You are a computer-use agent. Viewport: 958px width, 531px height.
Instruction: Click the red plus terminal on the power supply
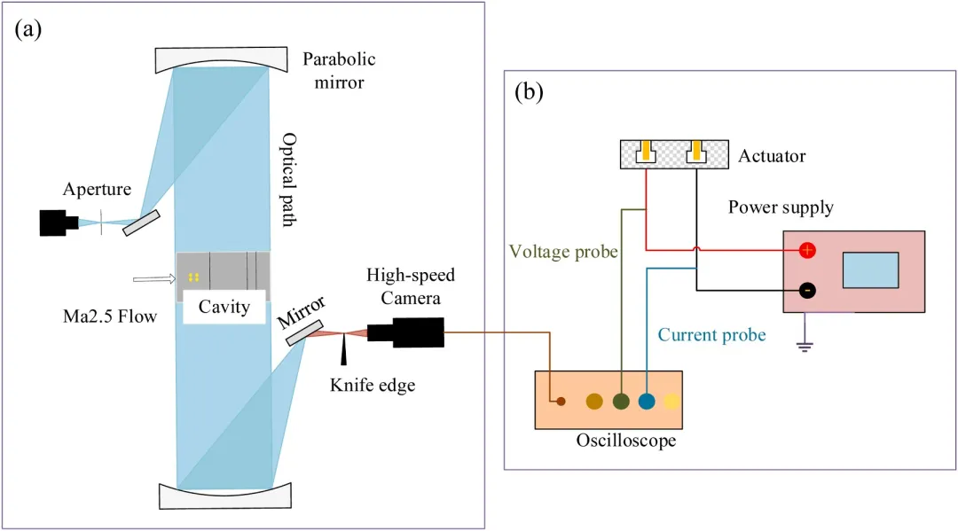point(807,250)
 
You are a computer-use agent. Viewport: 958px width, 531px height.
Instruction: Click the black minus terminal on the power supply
point(807,290)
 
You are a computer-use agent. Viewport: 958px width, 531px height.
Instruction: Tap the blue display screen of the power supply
point(870,269)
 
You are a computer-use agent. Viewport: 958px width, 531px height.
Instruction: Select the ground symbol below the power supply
point(805,343)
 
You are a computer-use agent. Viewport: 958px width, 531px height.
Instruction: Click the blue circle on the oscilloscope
point(647,402)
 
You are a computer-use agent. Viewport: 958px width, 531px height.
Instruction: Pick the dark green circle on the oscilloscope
point(621,402)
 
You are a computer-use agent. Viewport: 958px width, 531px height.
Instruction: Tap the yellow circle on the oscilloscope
point(672,402)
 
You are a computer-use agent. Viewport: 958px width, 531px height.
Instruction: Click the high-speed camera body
point(406,332)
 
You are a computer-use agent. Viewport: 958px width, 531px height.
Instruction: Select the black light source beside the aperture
point(57,223)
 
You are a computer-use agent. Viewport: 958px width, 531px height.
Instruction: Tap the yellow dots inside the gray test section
point(193,277)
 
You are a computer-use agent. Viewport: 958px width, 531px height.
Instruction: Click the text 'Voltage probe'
point(563,252)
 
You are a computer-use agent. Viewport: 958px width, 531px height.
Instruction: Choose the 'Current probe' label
point(711,335)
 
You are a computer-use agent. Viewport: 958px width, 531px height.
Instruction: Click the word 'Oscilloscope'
point(625,440)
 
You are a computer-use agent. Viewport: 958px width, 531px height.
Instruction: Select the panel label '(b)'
point(529,91)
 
